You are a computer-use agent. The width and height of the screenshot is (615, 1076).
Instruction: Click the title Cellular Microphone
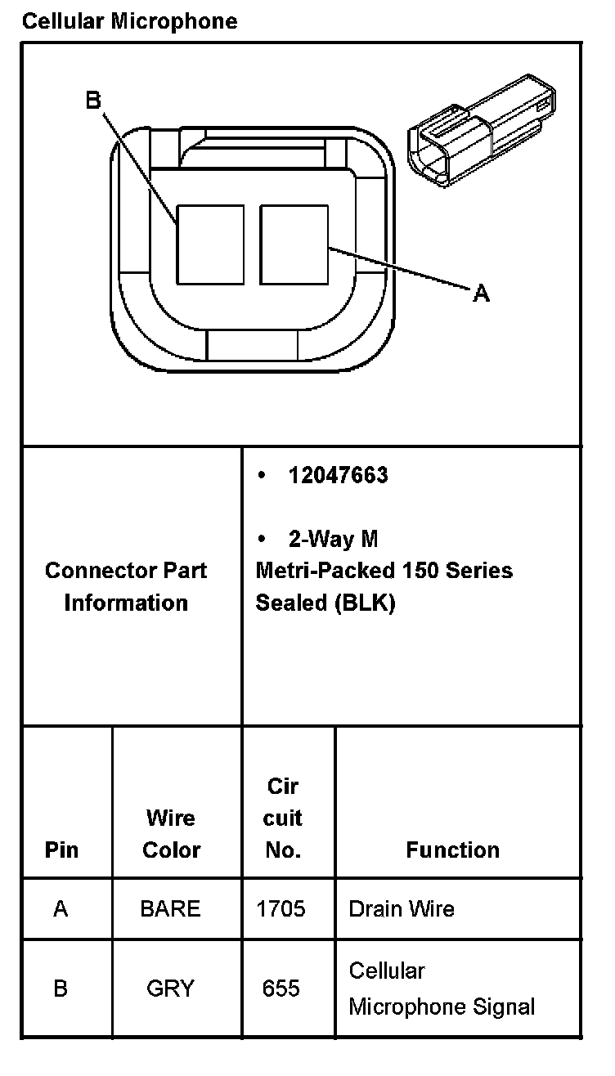[130, 21]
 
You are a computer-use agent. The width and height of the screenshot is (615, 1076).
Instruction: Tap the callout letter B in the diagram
[93, 100]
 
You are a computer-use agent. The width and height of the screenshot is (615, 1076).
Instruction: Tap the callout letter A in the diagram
[482, 293]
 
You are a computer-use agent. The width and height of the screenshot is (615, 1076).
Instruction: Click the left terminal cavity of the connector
[210, 244]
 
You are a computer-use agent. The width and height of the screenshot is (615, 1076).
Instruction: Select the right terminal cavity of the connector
[294, 244]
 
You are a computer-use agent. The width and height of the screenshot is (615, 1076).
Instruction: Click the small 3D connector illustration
[482, 131]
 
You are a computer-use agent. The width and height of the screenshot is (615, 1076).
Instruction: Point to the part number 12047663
[338, 475]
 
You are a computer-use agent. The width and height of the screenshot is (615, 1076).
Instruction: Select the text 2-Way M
[333, 539]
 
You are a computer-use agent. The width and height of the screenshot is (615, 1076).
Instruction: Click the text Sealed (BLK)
[325, 603]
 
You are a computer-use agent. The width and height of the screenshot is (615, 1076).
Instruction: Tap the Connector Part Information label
[126, 586]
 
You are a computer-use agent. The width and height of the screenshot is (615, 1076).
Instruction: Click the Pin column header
[61, 850]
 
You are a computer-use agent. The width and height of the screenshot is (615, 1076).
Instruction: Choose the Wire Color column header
[171, 834]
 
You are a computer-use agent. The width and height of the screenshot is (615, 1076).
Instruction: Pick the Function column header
[452, 850]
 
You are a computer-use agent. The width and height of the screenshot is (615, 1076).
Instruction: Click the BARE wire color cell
[170, 908]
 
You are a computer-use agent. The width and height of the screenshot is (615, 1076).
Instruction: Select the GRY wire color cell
[170, 989]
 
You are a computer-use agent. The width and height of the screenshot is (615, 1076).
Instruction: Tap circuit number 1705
[281, 908]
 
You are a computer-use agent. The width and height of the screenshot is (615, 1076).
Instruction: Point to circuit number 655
[281, 989]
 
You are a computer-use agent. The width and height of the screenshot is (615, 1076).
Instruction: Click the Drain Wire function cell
[402, 908]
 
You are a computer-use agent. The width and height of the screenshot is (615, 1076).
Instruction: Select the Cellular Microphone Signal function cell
[442, 989]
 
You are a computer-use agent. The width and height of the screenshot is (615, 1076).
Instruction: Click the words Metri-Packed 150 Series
[384, 571]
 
